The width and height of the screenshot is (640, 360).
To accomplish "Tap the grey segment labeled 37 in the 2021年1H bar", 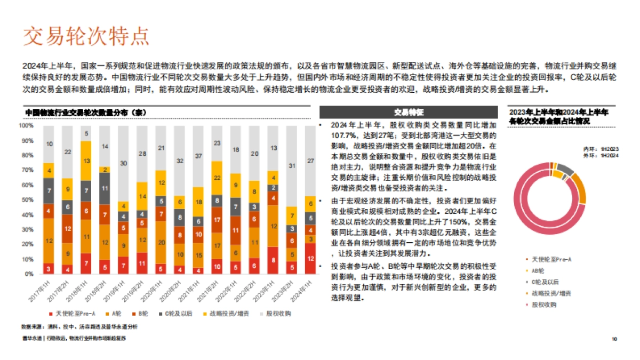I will click(198, 156).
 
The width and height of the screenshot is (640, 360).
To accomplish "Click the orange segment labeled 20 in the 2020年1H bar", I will click(161, 242).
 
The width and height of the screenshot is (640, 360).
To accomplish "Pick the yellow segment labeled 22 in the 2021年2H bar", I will click(217, 178).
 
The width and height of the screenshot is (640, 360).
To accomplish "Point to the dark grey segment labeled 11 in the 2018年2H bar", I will click(105, 188).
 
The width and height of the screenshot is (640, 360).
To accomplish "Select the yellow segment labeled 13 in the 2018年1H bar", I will click(86, 161).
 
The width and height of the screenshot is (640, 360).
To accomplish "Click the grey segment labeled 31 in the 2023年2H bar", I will click(291, 166).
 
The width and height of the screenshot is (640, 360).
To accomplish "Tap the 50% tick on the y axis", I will click(26, 200).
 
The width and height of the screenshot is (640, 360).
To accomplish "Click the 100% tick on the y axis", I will click(26, 126).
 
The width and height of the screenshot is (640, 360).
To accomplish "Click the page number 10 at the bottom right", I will click(614, 339).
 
